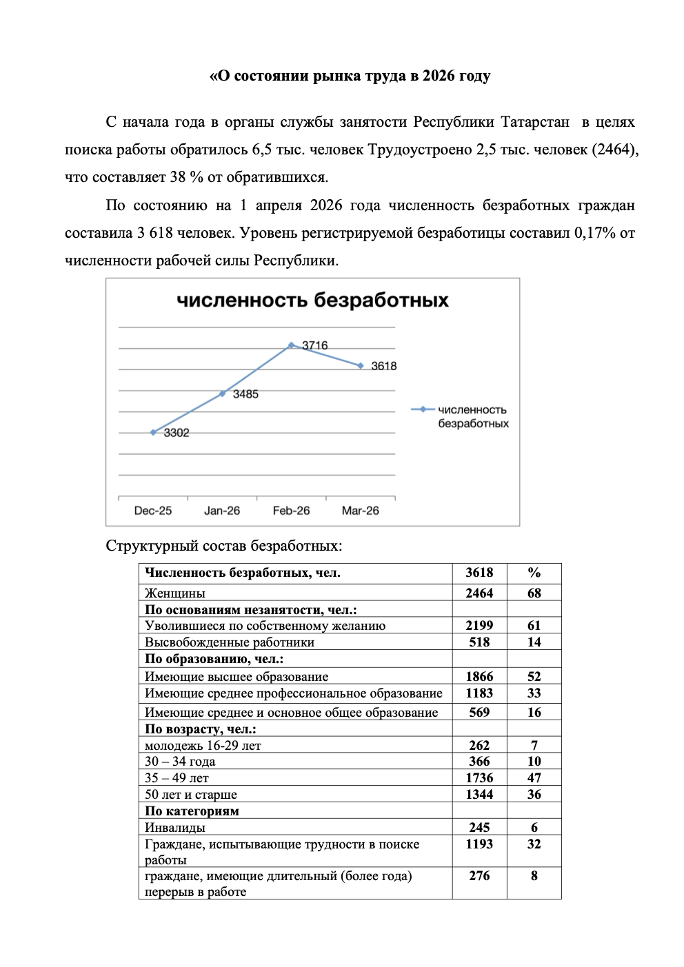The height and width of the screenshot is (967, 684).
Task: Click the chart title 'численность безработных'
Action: click(x=312, y=301)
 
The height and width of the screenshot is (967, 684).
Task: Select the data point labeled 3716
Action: click(x=291, y=345)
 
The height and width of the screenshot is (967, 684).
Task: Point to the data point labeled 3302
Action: click(x=153, y=433)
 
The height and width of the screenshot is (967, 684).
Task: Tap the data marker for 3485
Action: click(x=222, y=394)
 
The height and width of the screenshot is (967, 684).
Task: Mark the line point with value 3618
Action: click(x=360, y=366)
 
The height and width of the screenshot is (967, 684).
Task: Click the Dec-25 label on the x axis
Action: click(x=153, y=511)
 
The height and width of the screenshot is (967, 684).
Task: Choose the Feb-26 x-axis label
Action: click(x=291, y=511)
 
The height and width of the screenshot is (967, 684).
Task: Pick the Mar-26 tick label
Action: click(x=360, y=511)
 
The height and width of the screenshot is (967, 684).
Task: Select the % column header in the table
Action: click(x=534, y=573)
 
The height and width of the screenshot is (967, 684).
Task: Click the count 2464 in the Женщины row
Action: click(x=479, y=593)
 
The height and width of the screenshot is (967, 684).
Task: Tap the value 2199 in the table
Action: click(x=479, y=625)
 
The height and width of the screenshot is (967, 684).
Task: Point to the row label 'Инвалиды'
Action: click(x=175, y=828)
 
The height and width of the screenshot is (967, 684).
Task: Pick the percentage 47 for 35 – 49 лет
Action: click(x=534, y=778)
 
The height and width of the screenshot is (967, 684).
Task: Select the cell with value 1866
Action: click(x=479, y=677)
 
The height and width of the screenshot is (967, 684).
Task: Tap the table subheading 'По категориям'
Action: click(x=192, y=811)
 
